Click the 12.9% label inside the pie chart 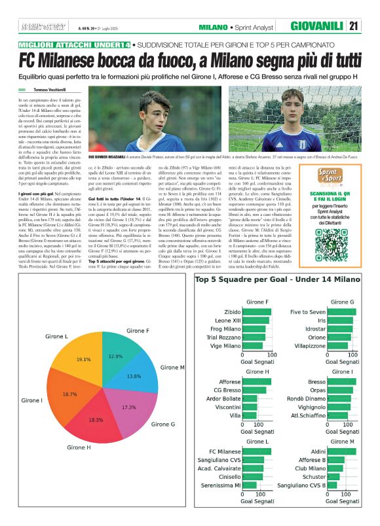(x=115, y=356)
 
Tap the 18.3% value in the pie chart (x=96, y=420)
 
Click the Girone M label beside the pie (x=172, y=368)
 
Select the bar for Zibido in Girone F (x=256, y=311)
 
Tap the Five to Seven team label (x=308, y=311)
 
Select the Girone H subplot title (x=258, y=372)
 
